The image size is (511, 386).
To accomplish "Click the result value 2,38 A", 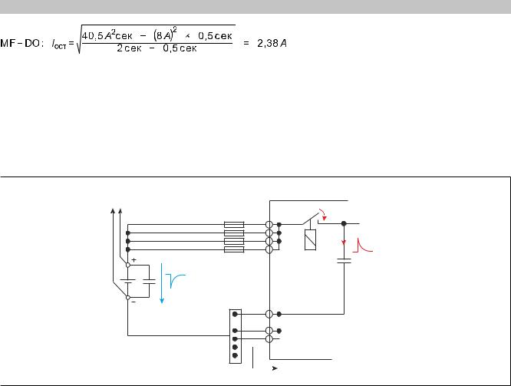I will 274,41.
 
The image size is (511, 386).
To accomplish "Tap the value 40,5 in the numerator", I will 97,35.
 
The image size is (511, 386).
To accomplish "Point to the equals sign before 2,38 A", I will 247,41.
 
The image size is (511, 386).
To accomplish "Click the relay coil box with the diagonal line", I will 312,239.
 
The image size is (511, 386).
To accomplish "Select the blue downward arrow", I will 162,283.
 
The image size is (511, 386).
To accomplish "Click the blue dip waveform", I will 177,282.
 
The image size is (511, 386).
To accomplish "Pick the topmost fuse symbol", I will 233,225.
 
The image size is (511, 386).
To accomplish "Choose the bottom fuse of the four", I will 233,249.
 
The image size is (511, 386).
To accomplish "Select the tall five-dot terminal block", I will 236,335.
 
